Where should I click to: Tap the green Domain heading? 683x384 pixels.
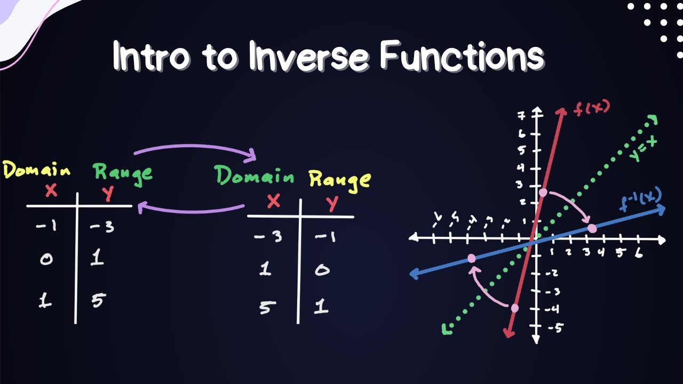[x=253, y=176]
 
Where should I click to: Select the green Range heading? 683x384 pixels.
[x=122, y=172]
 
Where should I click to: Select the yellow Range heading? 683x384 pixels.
[x=339, y=179]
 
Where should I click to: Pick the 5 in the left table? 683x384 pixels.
[x=97, y=301]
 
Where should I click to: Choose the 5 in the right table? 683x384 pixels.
[x=265, y=308]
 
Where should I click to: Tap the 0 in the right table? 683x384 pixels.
[x=321, y=270]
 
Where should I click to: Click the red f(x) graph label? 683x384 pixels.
[x=591, y=108]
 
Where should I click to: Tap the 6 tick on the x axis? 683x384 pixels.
[x=638, y=253]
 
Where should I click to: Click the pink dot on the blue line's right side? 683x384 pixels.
[x=592, y=229]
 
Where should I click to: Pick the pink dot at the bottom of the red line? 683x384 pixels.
[x=514, y=308]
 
